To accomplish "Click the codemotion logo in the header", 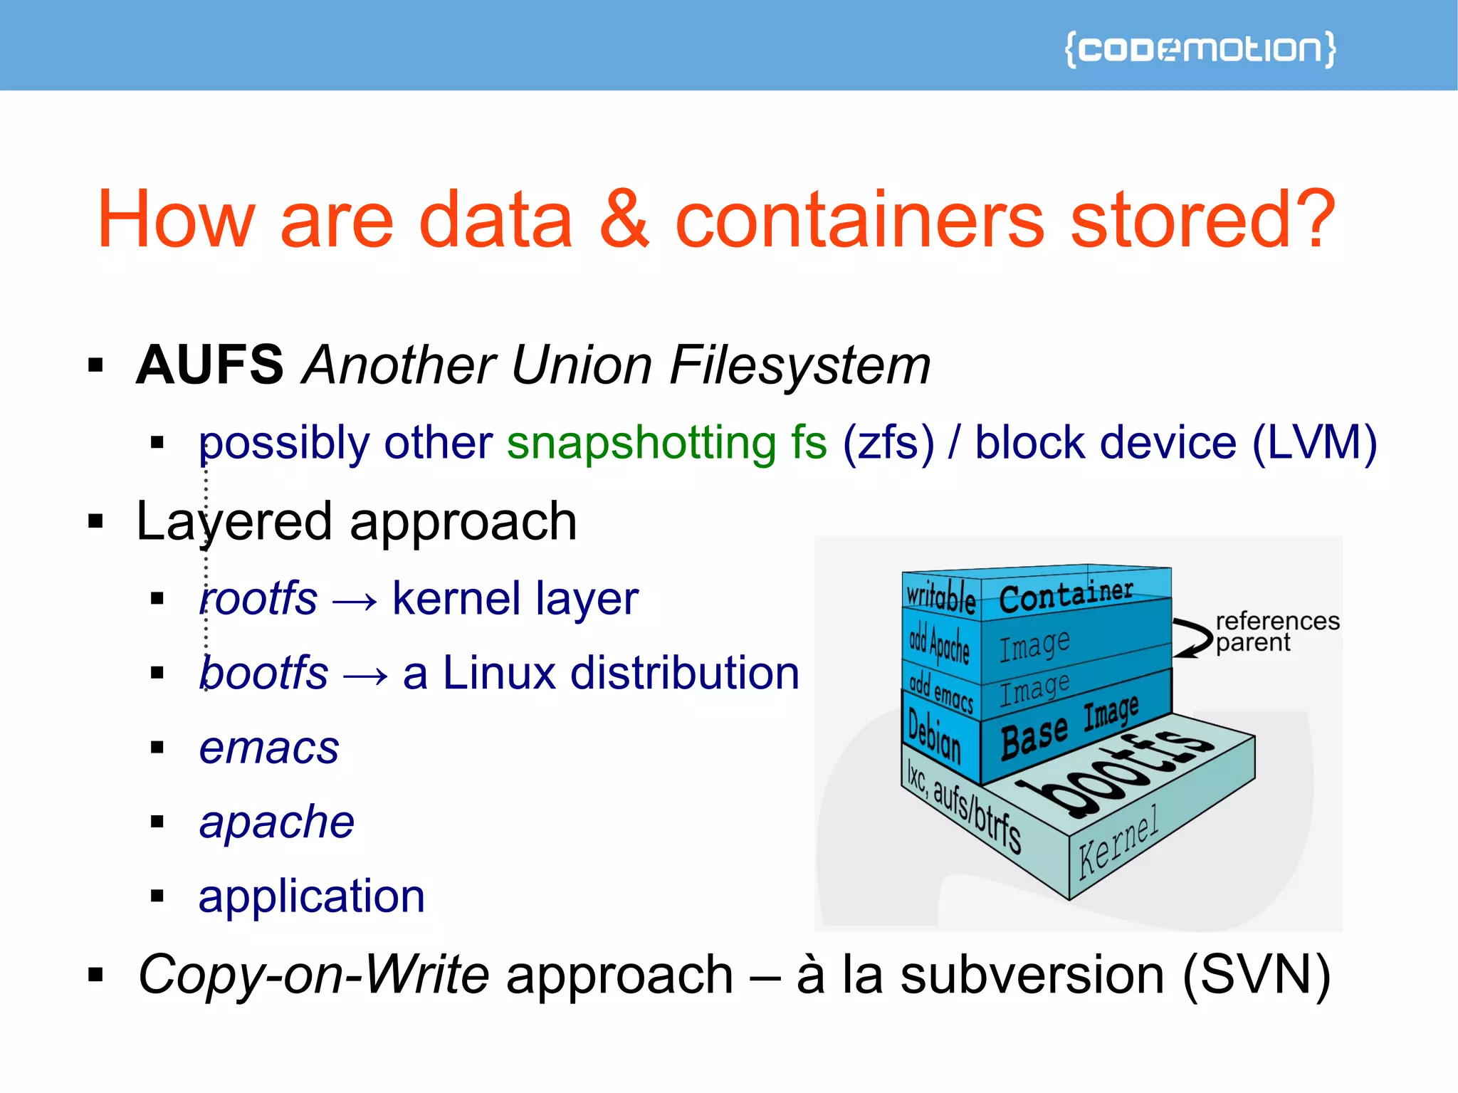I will (1200, 49).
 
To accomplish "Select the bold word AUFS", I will (210, 365).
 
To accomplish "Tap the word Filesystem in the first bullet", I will (799, 365).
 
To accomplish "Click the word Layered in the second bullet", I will (234, 522).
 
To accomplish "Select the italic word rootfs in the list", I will (258, 598).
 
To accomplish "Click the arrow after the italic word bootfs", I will (365, 674).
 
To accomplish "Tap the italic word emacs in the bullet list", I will (269, 748).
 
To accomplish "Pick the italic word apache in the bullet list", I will (276, 822).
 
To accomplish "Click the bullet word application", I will (312, 896).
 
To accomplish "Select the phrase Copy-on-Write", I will (314, 974).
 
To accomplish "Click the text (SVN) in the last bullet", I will (1257, 974).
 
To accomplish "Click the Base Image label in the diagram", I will (1069, 728).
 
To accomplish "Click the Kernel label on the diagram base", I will (1118, 843).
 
